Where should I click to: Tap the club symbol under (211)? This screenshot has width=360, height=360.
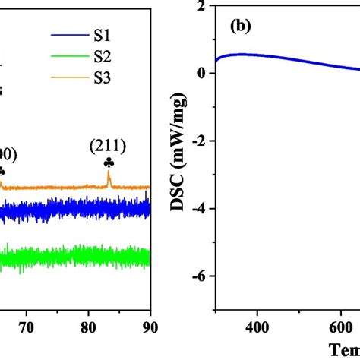109,162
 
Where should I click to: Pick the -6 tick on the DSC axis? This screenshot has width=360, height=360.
201,276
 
